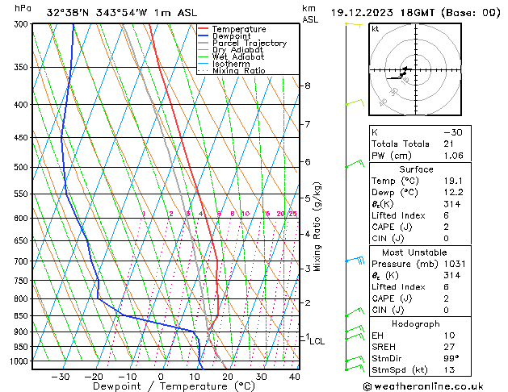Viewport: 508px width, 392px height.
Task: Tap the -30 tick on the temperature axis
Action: (61, 376)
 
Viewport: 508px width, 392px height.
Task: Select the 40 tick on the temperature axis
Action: (294, 376)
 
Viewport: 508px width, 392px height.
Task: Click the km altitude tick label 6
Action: (307, 162)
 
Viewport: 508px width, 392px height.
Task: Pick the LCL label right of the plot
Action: (317, 341)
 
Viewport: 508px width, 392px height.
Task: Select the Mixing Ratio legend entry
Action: (238, 71)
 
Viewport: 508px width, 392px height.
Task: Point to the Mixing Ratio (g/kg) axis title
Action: (317, 227)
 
